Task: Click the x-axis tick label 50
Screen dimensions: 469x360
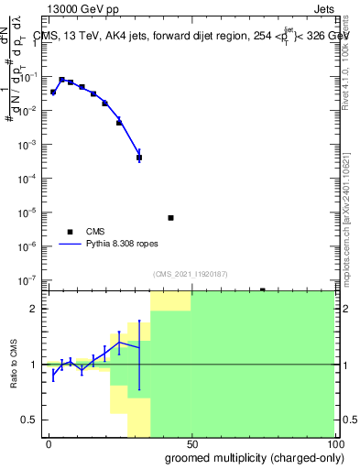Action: (x=191, y=443)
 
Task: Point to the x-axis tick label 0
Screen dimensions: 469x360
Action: (x=49, y=443)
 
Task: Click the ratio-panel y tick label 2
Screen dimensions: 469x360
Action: (x=34, y=309)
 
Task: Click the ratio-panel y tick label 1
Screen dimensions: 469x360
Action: (x=34, y=365)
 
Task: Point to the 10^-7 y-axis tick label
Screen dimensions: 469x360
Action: (x=27, y=280)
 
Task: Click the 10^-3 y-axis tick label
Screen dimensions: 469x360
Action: (x=27, y=145)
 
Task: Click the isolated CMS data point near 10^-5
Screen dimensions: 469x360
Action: (x=170, y=218)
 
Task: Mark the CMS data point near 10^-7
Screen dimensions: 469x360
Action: (x=262, y=289)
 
